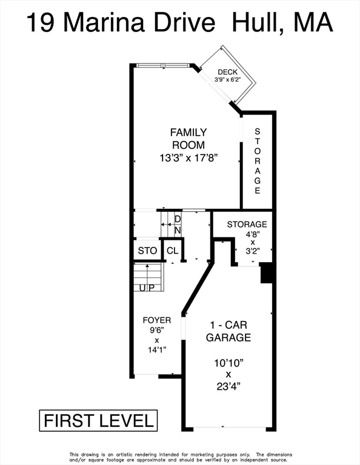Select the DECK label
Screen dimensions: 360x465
(x=228, y=72)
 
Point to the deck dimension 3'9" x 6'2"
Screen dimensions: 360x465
(x=227, y=79)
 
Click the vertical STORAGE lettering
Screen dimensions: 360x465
(x=258, y=161)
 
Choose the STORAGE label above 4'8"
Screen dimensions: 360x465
(x=247, y=224)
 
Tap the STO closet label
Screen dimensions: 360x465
(x=147, y=251)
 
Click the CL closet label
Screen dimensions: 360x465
(x=173, y=251)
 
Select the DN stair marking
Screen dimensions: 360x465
(x=178, y=225)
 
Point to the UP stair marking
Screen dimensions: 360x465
(x=147, y=288)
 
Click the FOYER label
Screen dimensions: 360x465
(x=157, y=320)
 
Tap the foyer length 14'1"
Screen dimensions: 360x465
(x=157, y=350)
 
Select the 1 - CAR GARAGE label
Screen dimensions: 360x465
(x=228, y=331)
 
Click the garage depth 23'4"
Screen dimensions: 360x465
(x=228, y=386)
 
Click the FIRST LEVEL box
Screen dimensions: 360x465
(x=98, y=421)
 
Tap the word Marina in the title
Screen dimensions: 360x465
(x=104, y=23)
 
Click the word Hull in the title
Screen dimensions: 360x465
(x=256, y=23)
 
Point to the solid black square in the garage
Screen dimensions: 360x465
(x=267, y=273)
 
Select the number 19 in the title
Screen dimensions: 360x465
(x=41, y=23)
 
